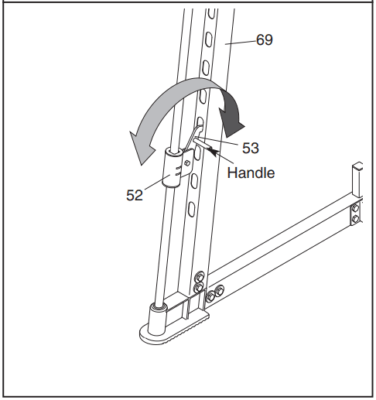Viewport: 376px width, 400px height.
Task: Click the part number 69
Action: [264, 39]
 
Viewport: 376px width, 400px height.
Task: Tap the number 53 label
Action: [250, 148]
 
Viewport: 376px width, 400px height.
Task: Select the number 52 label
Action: [135, 197]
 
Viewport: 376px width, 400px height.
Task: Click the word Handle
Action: [251, 173]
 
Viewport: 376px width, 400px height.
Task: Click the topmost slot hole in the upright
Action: [207, 15]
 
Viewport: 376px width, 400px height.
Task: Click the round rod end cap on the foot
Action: [158, 308]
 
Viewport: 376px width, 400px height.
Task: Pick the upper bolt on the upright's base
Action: [200, 275]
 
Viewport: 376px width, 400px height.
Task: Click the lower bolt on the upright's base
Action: [199, 288]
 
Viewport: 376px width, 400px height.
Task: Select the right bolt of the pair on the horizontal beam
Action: [220, 292]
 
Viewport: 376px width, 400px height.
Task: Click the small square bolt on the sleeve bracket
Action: [187, 165]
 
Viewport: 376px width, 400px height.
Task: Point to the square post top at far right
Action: [358, 166]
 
